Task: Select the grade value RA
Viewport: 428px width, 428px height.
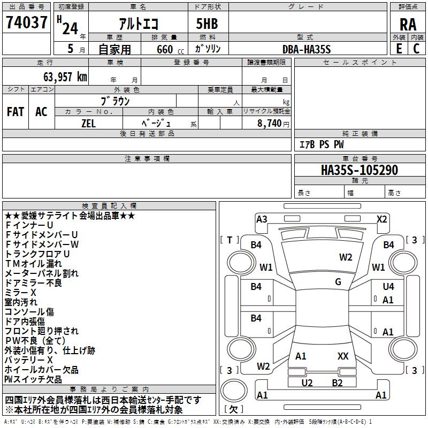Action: coord(408,25)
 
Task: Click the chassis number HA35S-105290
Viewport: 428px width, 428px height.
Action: coord(360,170)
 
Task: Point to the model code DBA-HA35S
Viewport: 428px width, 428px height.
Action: coord(307,49)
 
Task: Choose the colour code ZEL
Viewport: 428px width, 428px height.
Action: coord(88,123)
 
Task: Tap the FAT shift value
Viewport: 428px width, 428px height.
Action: coord(16,112)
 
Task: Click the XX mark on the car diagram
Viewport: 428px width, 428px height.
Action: coord(343,356)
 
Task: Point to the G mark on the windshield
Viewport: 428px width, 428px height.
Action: coord(338,282)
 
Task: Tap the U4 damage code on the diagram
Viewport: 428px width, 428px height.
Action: coord(388,287)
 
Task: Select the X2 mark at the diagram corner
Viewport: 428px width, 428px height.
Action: coord(381,219)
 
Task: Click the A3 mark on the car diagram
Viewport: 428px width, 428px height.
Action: coord(262,219)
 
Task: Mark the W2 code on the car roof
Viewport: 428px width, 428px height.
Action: coord(346,257)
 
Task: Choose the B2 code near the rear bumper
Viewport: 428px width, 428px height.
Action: coord(337,383)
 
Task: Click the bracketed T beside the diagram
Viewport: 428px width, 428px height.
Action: coord(230,240)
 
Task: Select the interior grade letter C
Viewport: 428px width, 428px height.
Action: coord(417,49)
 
